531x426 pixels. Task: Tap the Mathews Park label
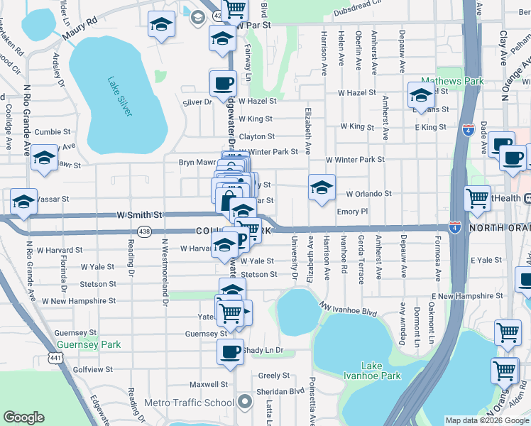pyautogui.click(x=452, y=81)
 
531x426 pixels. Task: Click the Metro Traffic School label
pyautogui.click(x=189, y=403)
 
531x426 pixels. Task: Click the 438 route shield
pyautogui.click(x=145, y=231)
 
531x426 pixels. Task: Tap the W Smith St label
pyautogui.click(x=140, y=214)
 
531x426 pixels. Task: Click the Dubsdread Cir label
pyautogui.click(x=362, y=11)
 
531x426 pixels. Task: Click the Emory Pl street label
pyautogui.click(x=352, y=212)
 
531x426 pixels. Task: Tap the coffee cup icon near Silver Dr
pyautogui.click(x=223, y=83)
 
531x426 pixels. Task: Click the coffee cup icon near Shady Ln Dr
pyautogui.click(x=229, y=351)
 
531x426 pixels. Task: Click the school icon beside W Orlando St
pyautogui.click(x=322, y=187)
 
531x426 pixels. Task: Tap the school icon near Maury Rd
pyautogui.click(x=162, y=25)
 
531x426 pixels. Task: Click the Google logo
pyautogui.click(x=23, y=417)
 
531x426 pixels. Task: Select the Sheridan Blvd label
pyautogui.click(x=280, y=391)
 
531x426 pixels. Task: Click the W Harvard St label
pyautogui.click(x=60, y=250)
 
